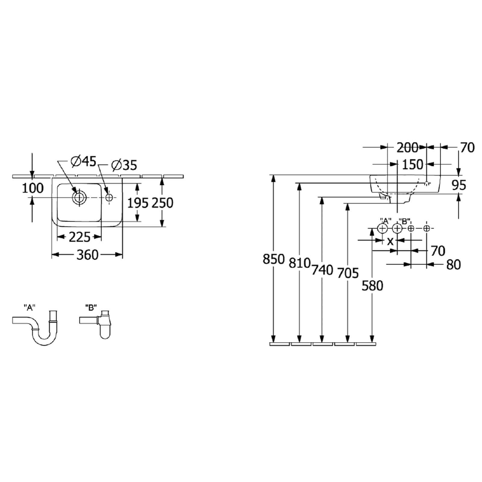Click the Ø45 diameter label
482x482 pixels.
click(83, 162)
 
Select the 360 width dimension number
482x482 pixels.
click(87, 255)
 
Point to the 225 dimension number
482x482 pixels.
click(80, 237)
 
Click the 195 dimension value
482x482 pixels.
click(138, 203)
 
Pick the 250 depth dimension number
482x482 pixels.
click(162, 203)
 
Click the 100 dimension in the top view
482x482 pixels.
click(33, 188)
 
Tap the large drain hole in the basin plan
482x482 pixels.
click(79, 198)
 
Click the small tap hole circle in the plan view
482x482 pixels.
click(109, 198)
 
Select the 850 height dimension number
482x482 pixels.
click(274, 259)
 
